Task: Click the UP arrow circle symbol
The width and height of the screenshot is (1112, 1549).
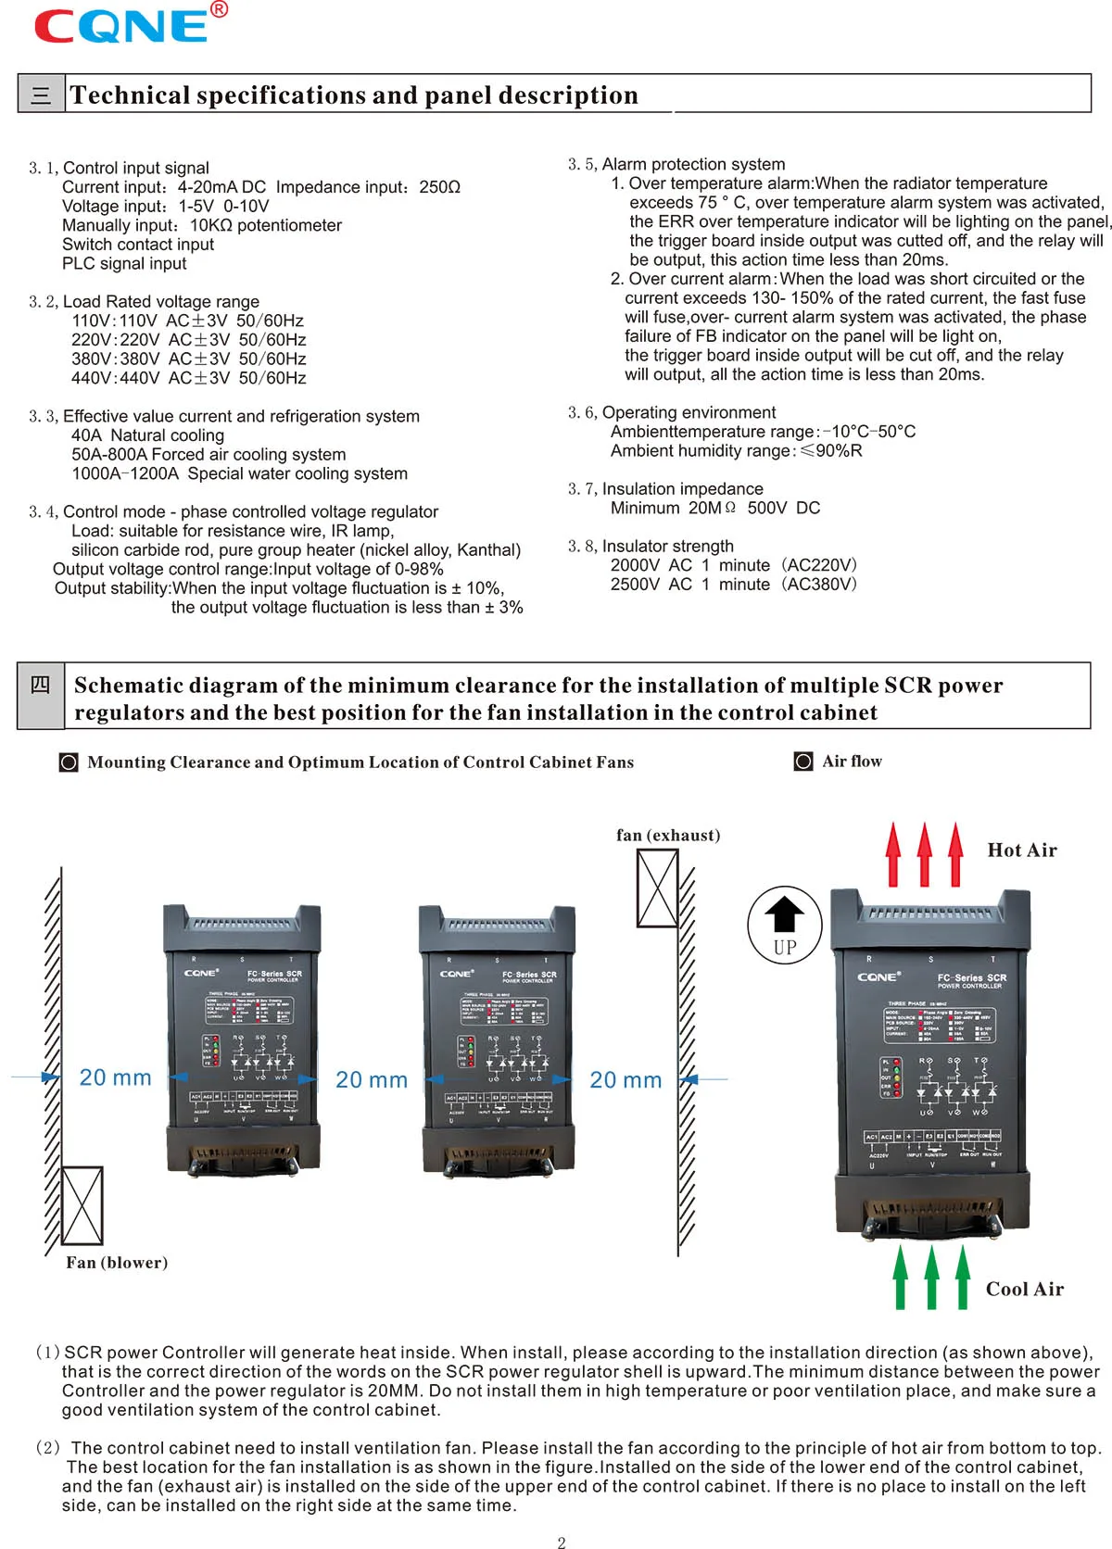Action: point(785,924)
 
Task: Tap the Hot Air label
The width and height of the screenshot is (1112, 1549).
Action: point(1021,850)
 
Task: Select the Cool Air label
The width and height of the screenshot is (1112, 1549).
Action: point(1024,1290)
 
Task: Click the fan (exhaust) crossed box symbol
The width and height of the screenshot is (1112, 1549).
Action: point(657,888)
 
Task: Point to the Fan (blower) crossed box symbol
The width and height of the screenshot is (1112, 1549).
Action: point(82,1205)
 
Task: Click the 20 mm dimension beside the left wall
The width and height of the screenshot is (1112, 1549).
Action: point(115,1077)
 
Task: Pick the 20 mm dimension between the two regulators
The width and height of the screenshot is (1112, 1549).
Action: point(371,1080)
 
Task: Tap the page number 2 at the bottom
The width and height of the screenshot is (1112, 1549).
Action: point(561,1542)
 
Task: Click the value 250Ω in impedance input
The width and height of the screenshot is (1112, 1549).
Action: point(439,187)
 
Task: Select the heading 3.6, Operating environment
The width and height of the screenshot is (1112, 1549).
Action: point(672,412)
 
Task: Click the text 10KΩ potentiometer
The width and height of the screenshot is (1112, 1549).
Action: point(265,225)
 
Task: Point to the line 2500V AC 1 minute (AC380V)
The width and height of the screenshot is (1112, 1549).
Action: point(733,585)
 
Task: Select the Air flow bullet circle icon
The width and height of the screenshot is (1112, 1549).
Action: point(803,762)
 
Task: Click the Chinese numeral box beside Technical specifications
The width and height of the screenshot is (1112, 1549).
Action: point(41,94)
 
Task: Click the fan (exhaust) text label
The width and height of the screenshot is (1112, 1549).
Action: point(668,835)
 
